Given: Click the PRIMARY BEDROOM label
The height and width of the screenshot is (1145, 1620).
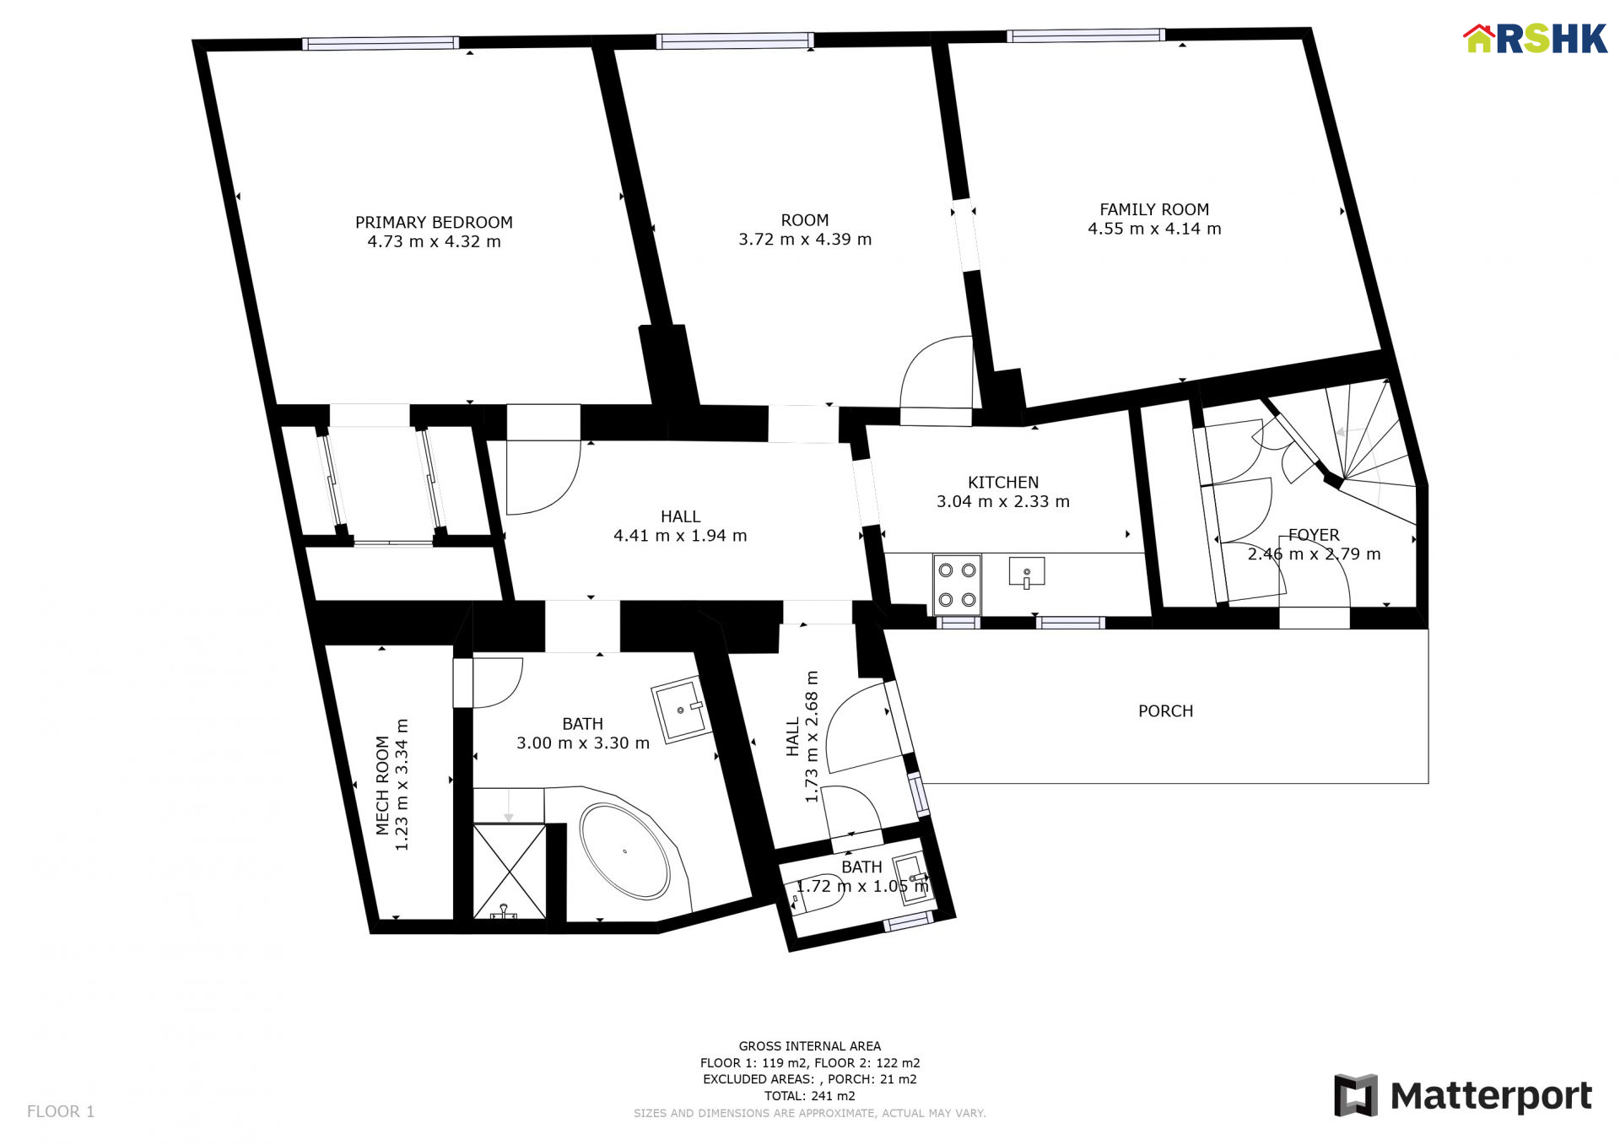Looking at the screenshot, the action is (434, 222).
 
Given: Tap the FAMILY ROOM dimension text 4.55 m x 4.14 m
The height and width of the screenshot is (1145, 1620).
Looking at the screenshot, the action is (1154, 229).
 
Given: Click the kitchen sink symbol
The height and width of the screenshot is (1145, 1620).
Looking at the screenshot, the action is (1027, 573).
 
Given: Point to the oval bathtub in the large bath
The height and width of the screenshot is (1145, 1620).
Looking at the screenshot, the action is (624, 851).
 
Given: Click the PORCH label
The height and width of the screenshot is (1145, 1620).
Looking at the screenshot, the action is (1165, 711).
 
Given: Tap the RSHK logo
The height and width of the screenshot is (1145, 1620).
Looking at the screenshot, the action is (1536, 39).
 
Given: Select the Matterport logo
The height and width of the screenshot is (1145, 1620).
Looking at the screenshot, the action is (1463, 1095).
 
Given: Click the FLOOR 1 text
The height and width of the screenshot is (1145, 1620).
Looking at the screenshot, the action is (61, 1111).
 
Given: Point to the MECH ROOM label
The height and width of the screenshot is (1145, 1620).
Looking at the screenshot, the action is (382, 786).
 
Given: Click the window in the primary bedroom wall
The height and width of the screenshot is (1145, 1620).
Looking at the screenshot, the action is (381, 43).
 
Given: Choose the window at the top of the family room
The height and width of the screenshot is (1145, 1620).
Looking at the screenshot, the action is (1086, 35).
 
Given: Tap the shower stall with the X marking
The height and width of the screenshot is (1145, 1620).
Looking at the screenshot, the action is (509, 872).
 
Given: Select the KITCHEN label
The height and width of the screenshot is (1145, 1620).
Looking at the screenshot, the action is (1003, 483).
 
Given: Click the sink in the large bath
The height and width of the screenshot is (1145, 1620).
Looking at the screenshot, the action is (680, 710).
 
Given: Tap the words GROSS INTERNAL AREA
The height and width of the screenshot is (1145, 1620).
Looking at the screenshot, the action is (810, 1046).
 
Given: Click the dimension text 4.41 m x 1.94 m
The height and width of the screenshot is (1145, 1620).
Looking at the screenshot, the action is (680, 536).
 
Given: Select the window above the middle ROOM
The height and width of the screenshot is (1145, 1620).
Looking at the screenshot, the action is (735, 41).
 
